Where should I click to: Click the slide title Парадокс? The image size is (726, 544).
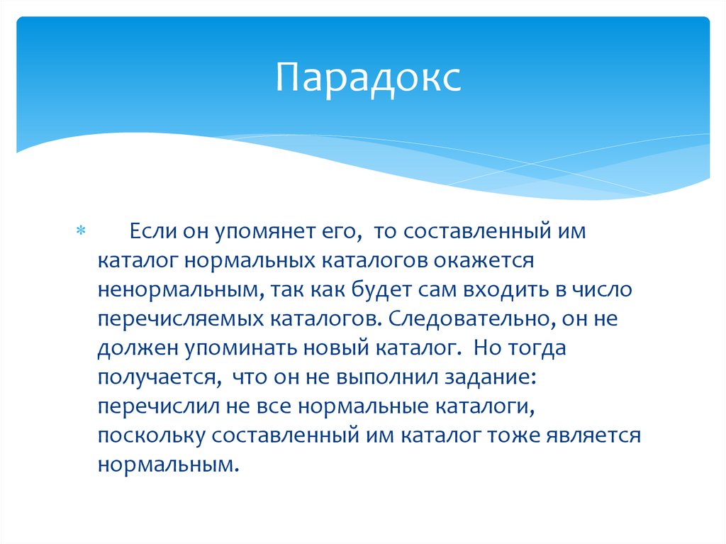pyautogui.click(x=369, y=77)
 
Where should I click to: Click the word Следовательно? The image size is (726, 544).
pyautogui.click(x=470, y=319)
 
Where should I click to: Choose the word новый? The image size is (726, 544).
pyautogui.click(x=329, y=348)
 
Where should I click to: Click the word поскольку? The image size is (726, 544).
pyautogui.click(x=151, y=435)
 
